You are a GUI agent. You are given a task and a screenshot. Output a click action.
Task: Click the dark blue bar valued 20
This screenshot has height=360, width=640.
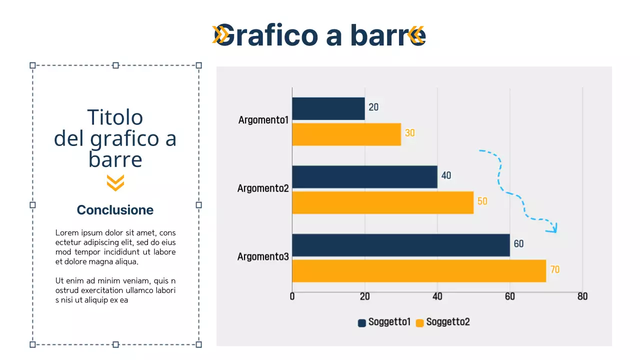tap(328, 108)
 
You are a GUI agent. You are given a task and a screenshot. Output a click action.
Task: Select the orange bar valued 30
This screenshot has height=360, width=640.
tap(346, 134)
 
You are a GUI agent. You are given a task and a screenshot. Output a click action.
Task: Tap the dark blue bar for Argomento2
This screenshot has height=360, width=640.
tap(364, 177)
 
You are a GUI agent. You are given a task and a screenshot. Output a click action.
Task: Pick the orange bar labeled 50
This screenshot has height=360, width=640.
tap(382, 202)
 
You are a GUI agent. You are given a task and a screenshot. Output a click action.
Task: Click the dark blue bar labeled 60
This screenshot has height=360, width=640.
tap(400, 245)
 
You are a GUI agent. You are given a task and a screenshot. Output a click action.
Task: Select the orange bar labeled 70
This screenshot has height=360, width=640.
tap(419, 270)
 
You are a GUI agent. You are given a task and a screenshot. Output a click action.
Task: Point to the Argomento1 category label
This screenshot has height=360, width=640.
tap(263, 120)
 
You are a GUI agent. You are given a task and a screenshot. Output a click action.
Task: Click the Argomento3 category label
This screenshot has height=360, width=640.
tap(263, 257)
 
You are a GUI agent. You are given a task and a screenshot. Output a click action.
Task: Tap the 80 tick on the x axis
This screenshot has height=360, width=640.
tap(582, 296)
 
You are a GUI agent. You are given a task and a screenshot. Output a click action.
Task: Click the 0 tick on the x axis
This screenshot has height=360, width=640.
tap(292, 296)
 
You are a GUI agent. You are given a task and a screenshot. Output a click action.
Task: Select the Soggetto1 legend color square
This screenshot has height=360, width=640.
tap(362, 323)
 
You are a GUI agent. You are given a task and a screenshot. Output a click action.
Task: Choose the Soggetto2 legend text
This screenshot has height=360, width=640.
tap(448, 322)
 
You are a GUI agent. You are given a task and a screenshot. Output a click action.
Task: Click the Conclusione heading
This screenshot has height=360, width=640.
tap(115, 210)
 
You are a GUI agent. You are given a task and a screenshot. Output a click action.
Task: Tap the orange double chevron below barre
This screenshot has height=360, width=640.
tap(115, 183)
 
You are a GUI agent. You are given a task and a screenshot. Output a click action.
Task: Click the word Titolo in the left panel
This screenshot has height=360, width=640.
tap(115, 117)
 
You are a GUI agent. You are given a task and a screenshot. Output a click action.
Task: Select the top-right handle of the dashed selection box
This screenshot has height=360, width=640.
tap(198, 65)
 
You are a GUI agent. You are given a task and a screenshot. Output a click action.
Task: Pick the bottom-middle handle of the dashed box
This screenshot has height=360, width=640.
tap(115, 344)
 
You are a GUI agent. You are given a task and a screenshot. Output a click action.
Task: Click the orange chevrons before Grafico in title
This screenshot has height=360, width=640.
tap(220, 34)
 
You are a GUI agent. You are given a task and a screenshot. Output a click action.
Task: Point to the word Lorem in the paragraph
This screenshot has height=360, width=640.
tap(65, 233)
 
